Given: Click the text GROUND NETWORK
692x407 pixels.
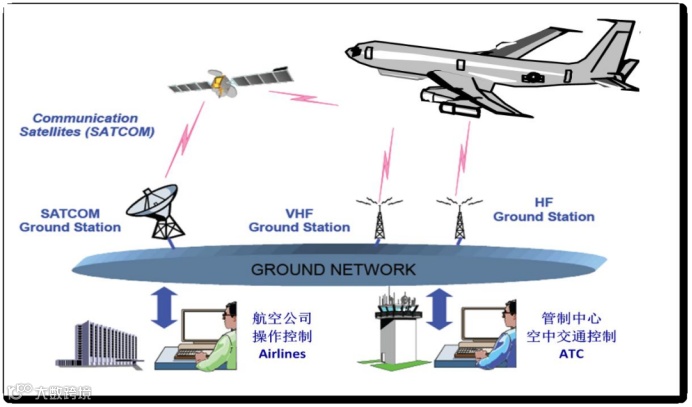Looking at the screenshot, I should [x=333, y=270].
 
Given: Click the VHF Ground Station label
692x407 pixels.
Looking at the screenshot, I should [x=299, y=220].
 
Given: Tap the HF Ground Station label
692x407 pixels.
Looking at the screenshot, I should [x=543, y=210].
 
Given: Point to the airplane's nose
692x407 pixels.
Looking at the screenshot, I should [x=353, y=50].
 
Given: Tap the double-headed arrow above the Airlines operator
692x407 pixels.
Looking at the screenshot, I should [x=163, y=307].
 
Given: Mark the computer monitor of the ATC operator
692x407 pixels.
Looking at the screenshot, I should [x=482, y=329].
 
